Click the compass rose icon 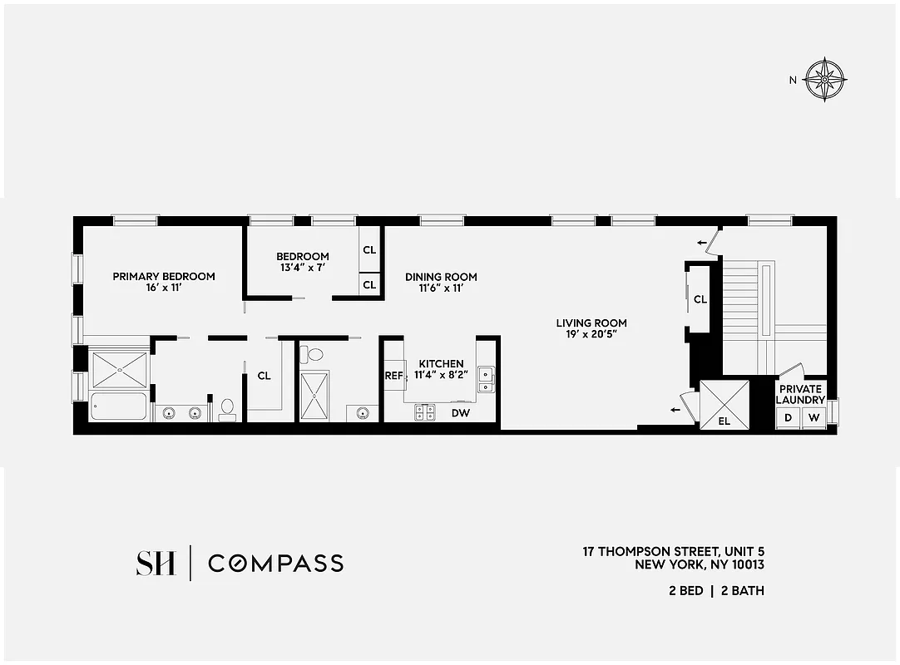[x=826, y=81]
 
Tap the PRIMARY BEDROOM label [x=164, y=277]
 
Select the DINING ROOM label [x=441, y=277]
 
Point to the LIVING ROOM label [x=591, y=323]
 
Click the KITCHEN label [x=441, y=364]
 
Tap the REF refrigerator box [x=393, y=375]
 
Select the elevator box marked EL [x=724, y=405]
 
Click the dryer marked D [x=788, y=417]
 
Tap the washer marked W [x=813, y=417]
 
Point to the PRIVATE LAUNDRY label [x=800, y=394]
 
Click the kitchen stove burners [x=426, y=411]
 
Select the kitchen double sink [x=485, y=379]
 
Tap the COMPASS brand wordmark [x=275, y=563]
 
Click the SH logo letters [x=156, y=563]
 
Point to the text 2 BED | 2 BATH [x=716, y=591]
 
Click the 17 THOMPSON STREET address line [x=673, y=551]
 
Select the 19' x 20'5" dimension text [x=591, y=335]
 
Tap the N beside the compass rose [x=793, y=81]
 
